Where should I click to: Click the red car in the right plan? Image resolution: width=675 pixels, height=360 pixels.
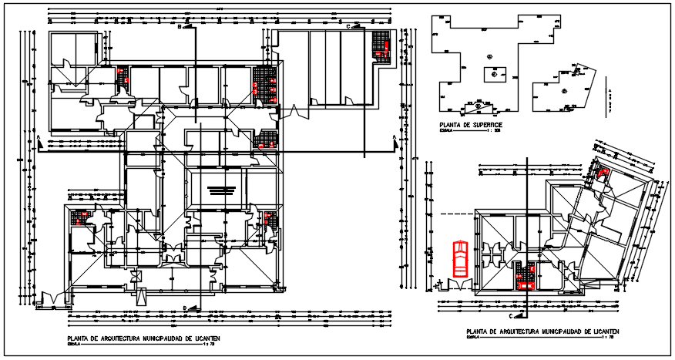click(x=460, y=258)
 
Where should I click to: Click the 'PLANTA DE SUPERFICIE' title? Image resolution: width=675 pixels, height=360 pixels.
click(x=471, y=124)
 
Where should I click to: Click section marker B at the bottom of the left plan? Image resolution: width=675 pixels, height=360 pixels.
click(x=186, y=308)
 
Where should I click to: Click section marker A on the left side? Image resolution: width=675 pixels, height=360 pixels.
click(x=38, y=139)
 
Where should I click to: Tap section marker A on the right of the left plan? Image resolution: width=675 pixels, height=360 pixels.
click(x=395, y=138)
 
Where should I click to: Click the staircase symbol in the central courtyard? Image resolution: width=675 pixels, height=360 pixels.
click(x=217, y=190)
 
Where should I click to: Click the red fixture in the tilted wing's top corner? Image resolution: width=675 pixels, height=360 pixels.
click(x=603, y=173)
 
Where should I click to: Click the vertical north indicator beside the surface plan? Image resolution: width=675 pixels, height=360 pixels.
click(x=610, y=97)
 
